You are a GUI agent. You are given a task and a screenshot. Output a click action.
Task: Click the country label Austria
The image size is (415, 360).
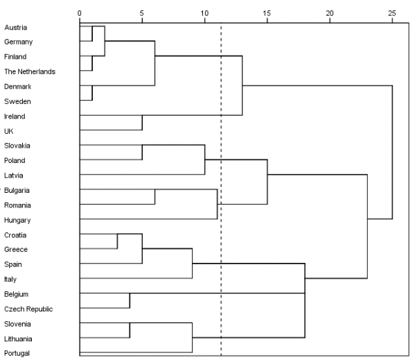click(x=16, y=28)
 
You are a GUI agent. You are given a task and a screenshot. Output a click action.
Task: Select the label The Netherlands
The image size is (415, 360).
click(x=30, y=71)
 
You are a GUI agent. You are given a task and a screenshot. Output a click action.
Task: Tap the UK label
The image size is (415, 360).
click(x=9, y=131)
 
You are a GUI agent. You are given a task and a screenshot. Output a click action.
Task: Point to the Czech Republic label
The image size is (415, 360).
click(x=28, y=309)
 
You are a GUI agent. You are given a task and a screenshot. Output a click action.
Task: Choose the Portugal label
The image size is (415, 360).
click(x=17, y=353)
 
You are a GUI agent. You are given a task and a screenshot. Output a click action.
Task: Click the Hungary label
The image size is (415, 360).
click(x=17, y=221)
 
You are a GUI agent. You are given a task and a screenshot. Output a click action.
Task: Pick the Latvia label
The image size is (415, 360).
click(x=13, y=175)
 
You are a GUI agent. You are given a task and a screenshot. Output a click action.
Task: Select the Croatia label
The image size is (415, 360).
click(x=15, y=235)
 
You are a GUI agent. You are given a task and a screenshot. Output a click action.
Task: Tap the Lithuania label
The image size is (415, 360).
click(x=18, y=338)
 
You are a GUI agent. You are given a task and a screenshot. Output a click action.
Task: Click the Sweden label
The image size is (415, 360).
click(x=17, y=101)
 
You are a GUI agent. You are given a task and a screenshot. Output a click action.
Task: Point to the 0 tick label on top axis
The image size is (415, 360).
click(x=80, y=13)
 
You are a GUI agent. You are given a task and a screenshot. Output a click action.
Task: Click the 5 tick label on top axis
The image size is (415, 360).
click(x=142, y=13)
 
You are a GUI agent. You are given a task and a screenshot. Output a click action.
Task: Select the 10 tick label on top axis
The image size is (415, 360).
click(x=204, y=13)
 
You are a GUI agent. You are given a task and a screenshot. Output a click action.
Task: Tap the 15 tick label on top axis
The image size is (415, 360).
click(x=267, y=13)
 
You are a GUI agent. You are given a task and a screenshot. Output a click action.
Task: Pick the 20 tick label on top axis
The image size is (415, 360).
click(x=330, y=13)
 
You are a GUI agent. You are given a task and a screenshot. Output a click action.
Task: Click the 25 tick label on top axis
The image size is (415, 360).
click(x=392, y=13)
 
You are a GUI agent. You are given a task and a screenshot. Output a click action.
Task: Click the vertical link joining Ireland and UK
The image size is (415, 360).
click(x=142, y=123)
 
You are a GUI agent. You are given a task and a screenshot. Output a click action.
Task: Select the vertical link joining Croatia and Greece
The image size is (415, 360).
click(x=117, y=241)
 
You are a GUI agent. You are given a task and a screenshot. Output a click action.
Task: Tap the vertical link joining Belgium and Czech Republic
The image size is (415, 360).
click(x=130, y=300)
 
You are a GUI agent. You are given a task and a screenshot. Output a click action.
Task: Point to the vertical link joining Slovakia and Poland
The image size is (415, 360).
click(x=142, y=153)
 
